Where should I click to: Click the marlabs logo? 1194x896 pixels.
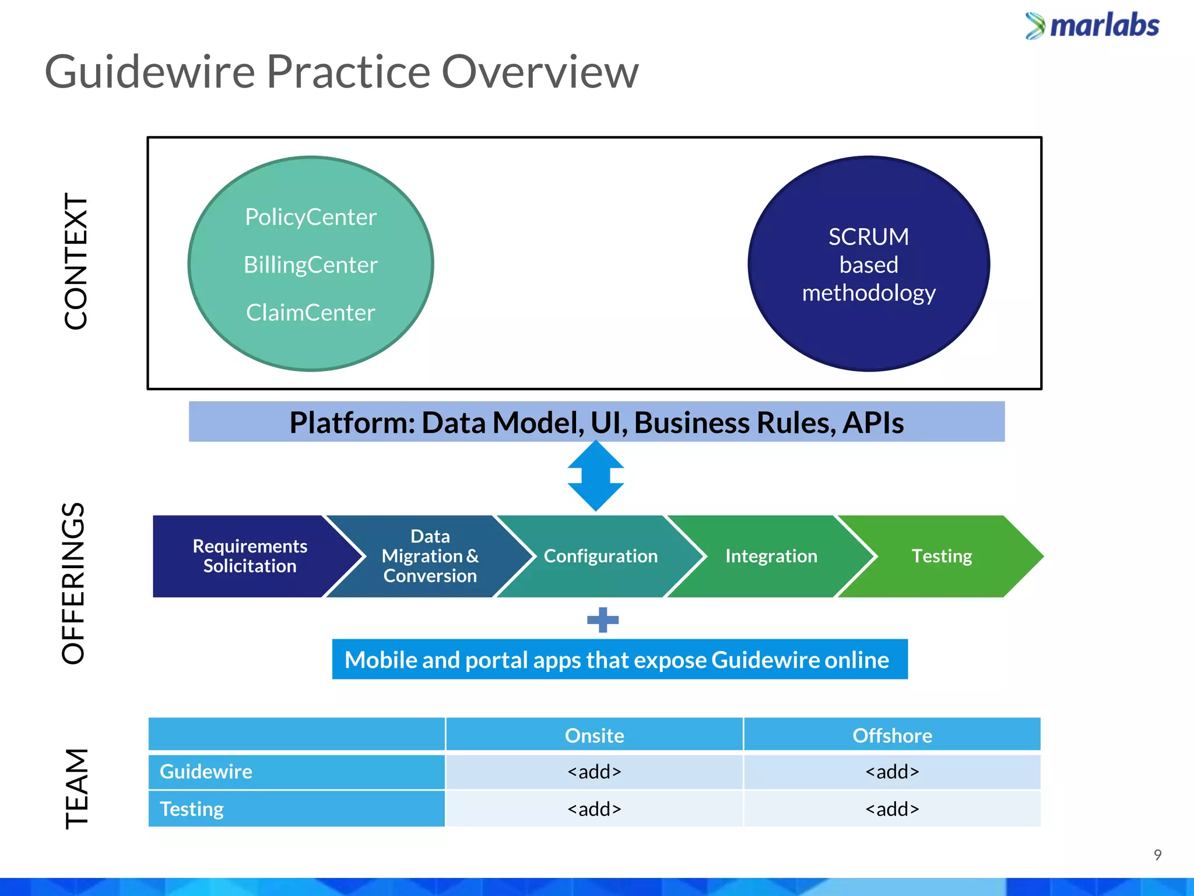[1092, 26]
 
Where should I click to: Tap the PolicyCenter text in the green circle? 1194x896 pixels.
[310, 217]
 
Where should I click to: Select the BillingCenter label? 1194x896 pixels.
[310, 265]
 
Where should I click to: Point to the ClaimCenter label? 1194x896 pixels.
[310, 313]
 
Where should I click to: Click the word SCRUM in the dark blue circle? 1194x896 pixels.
[868, 237]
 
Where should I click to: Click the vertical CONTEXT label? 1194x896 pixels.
[76, 261]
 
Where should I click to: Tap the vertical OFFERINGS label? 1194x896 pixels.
[73, 583]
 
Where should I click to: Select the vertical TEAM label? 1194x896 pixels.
[76, 789]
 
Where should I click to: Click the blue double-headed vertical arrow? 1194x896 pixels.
[595, 476]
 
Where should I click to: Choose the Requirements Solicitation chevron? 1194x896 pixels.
[250, 556]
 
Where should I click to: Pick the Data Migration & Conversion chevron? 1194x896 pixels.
[430, 556]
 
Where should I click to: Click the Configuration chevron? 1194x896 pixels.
[600, 556]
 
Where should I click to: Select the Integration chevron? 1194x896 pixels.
[771, 556]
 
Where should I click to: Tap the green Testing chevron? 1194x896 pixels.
[941, 556]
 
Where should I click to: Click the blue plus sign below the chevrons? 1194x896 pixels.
[602, 619]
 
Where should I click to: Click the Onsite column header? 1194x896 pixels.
[594, 735]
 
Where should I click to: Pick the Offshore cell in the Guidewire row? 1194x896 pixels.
[891, 772]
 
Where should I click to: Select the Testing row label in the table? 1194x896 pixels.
[192, 809]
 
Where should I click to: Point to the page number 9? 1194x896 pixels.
[1157, 855]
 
